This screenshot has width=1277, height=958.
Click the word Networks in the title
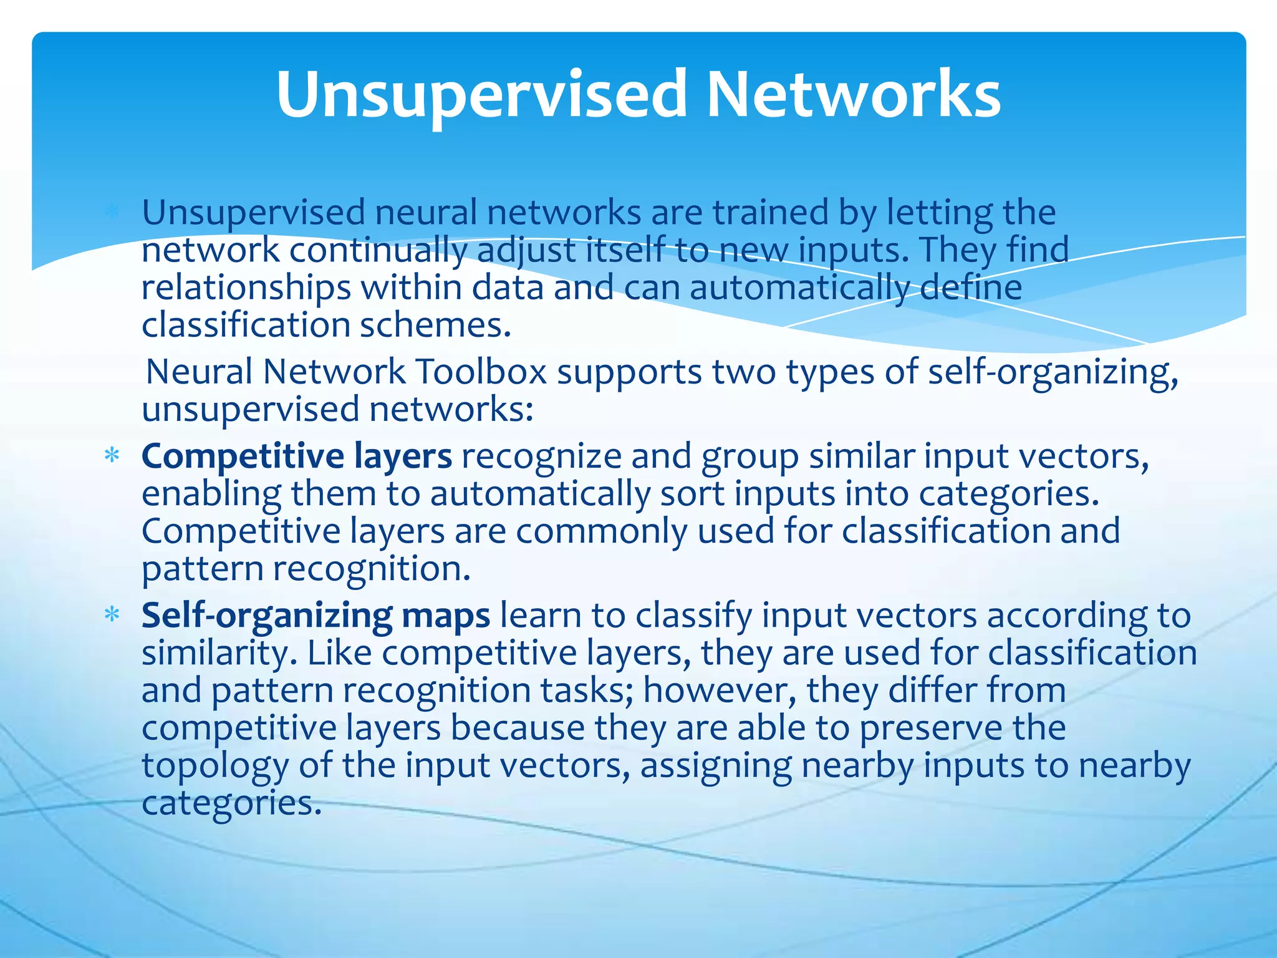853,95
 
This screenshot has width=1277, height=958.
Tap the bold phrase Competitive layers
296,456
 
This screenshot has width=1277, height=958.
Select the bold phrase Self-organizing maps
316,616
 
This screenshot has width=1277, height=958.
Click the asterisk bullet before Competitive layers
112,456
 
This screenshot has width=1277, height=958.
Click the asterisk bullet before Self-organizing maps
112,616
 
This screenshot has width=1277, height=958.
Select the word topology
214,766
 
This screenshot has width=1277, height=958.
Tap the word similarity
216,654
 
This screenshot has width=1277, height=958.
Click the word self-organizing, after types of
1053,373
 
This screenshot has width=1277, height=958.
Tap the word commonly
600,532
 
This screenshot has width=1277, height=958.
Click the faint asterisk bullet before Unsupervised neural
112,213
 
